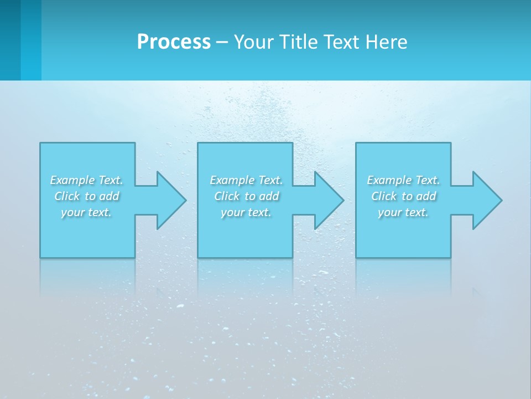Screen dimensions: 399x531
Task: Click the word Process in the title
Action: pos(174,42)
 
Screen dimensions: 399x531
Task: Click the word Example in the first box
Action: pos(72,180)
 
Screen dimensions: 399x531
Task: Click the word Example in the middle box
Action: pos(232,180)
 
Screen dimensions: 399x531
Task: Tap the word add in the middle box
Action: pos(269,196)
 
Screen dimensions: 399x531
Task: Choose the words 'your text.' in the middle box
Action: pos(246,212)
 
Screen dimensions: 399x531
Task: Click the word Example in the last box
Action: pos(389,180)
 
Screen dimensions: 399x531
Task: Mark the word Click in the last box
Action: pos(384,196)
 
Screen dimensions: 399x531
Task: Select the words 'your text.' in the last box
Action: pos(403,212)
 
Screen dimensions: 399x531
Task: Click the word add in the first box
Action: pos(110,196)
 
